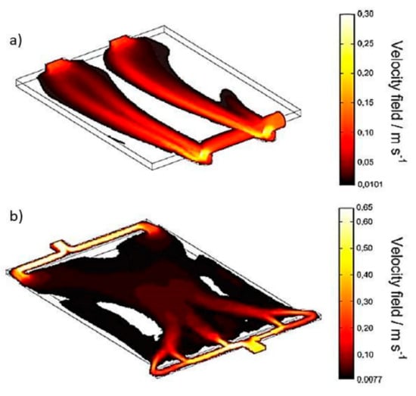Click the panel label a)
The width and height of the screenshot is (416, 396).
tap(16, 41)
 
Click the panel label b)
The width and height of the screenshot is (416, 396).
tap(16, 217)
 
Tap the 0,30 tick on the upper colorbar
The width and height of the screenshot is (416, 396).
tap(366, 14)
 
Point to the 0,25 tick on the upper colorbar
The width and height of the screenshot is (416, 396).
tap(366, 44)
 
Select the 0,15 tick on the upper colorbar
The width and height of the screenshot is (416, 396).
tap(366, 103)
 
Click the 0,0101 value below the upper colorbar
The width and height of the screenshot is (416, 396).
tap(371, 184)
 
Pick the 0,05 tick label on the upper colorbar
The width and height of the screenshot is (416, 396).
tap(366, 162)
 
